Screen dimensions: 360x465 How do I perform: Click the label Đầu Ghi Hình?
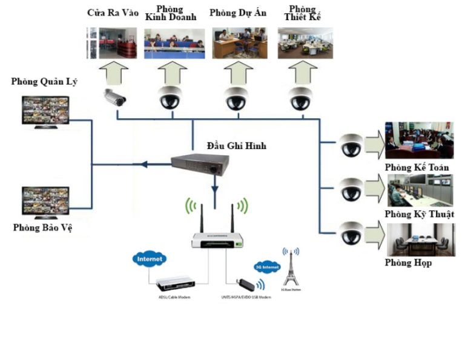coord(236,146)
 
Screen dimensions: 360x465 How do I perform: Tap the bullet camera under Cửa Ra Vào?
coord(114,97)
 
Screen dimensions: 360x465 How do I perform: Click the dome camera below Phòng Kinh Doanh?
coord(171,97)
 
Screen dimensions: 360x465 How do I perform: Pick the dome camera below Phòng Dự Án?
coord(236,97)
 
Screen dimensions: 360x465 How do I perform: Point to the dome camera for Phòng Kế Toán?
coord(351,144)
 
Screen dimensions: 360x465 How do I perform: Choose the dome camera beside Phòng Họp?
coord(351,232)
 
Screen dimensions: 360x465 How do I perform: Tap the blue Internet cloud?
coord(150,259)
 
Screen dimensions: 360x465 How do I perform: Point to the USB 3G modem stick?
coord(243,284)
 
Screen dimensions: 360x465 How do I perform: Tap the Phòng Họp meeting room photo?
coord(420,239)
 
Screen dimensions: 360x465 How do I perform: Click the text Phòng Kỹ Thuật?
coord(419,215)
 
